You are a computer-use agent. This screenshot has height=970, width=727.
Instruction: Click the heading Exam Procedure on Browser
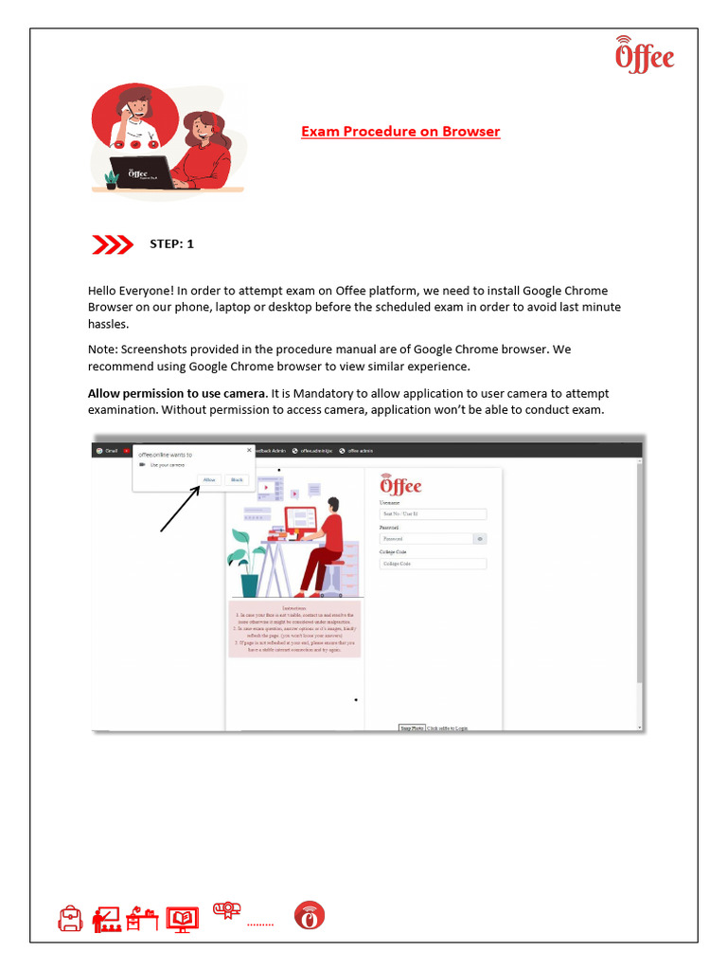400,132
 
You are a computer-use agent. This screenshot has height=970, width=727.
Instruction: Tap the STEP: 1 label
171,244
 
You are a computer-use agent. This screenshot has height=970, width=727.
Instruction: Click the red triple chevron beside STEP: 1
112,246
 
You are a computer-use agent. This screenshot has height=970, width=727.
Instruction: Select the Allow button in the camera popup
209,480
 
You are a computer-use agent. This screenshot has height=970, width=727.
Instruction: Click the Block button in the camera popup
237,480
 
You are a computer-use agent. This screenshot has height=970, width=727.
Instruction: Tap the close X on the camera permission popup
249,451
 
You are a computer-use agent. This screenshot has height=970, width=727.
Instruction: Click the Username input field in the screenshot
433,514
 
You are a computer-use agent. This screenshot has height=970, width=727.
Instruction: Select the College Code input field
433,564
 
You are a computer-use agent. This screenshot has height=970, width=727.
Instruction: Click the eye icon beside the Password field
480,539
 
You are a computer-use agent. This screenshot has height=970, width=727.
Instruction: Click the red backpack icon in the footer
70,918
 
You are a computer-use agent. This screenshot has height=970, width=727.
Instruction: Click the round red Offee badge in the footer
309,915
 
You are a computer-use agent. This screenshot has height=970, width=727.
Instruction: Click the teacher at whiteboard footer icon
105,918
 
